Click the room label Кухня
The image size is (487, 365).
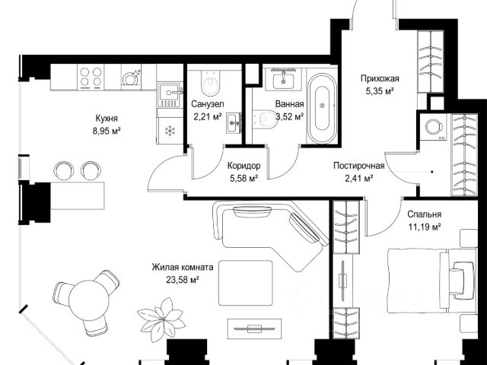pos(107,119)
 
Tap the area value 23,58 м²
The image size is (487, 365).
pos(183,280)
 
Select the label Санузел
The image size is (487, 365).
pos(208,103)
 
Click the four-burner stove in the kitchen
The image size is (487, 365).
pos(91,77)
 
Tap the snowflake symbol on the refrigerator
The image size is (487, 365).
pos(170,131)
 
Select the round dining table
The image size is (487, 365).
pos(89,300)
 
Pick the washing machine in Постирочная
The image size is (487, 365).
pos(434,127)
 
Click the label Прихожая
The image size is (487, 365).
pos(380,78)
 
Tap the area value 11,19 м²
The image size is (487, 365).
pos(425,227)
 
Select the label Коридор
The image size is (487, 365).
pos(243,166)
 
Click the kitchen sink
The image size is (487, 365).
pos(170,94)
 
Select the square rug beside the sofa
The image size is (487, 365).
pos(246,283)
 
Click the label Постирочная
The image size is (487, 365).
pos(358,166)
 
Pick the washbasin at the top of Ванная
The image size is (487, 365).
pos(283,79)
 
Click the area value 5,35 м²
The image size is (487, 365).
pos(380,91)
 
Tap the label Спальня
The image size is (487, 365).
pos(425,214)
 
